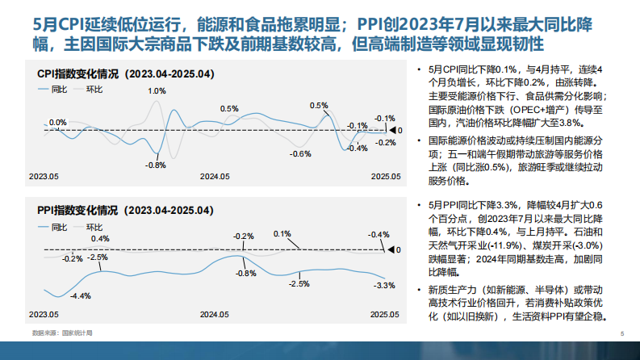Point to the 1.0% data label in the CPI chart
(157, 91)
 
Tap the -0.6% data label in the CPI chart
(300, 153)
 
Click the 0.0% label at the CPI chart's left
(57, 123)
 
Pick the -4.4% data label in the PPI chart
(81, 296)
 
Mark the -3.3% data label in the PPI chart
(386, 285)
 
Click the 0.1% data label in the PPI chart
(282, 233)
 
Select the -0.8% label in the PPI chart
(245, 274)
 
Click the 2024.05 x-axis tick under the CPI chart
(215, 175)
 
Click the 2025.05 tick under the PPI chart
(386, 312)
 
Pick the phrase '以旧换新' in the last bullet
(483, 317)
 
